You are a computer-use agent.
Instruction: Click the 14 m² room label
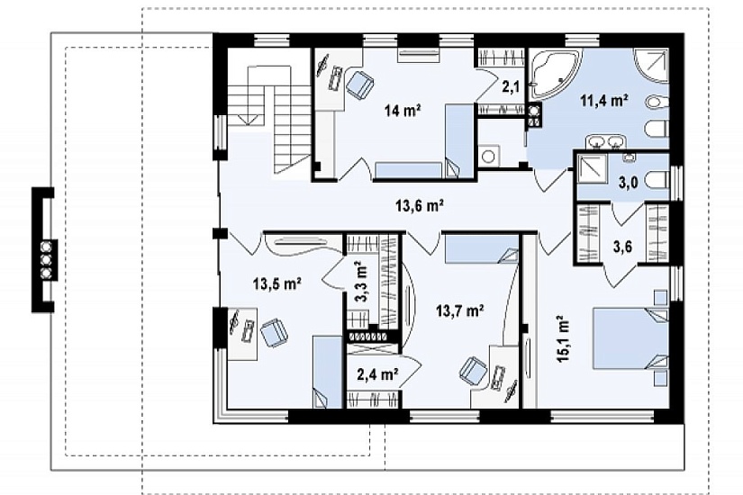tap(403, 111)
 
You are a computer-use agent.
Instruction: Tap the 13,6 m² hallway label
tap(420, 206)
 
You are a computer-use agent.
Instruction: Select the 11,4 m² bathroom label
tap(604, 101)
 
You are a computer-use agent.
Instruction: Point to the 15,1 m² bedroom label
tap(563, 339)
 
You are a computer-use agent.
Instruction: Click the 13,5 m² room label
tap(277, 284)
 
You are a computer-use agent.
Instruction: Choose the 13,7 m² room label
tap(459, 310)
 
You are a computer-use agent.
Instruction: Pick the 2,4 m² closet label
tap(377, 374)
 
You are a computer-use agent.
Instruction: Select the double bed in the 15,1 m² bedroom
tap(631, 337)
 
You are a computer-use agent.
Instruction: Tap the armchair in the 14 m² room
tap(360, 85)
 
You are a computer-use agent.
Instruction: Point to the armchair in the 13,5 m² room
tap(274, 332)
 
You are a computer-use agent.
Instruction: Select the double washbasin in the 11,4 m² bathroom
tap(606, 141)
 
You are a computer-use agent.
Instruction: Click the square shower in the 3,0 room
tap(592, 169)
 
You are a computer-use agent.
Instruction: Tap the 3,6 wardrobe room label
tap(622, 247)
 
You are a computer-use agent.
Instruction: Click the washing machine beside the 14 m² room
tap(488, 156)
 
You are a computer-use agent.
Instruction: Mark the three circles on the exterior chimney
tap(47, 259)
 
